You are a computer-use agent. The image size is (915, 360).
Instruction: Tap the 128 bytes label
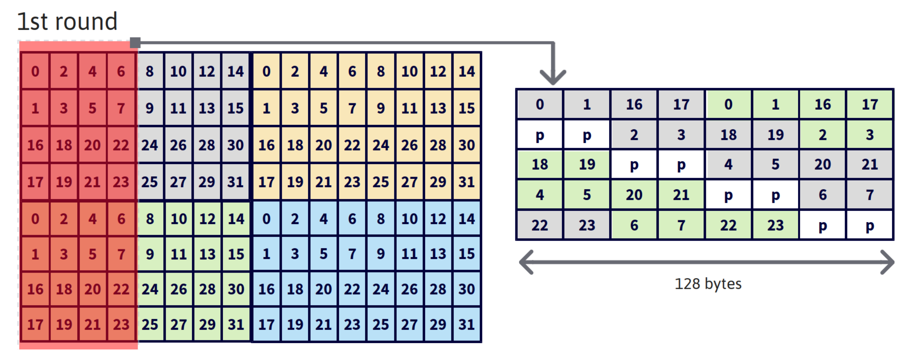click(x=708, y=284)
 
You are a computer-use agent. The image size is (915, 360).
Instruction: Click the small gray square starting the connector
click(x=135, y=43)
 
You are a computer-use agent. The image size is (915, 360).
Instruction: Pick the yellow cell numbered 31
click(x=466, y=182)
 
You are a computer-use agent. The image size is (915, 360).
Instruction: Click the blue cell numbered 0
click(x=266, y=219)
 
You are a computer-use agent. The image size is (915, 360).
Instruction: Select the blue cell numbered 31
click(x=466, y=324)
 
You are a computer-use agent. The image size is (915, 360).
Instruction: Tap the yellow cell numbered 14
click(x=466, y=71)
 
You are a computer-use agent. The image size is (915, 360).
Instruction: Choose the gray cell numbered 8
click(x=150, y=71)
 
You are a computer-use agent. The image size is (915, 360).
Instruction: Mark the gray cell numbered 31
click(x=235, y=182)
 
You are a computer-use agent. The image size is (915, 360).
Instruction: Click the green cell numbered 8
click(x=150, y=219)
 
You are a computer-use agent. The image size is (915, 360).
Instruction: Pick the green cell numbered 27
click(x=178, y=324)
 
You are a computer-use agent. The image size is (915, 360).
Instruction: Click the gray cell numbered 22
click(x=539, y=225)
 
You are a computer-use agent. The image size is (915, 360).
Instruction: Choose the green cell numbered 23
click(x=775, y=225)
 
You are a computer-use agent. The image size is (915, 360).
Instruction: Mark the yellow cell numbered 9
click(x=381, y=108)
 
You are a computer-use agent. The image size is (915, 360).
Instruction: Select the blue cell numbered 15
click(x=466, y=254)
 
